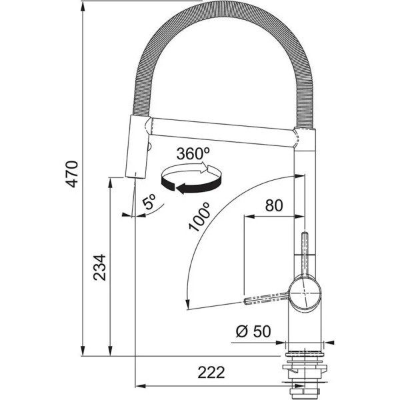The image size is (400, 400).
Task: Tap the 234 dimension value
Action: (99, 267)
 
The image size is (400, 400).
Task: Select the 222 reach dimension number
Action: (211, 373)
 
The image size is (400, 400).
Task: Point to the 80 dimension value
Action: (274, 205)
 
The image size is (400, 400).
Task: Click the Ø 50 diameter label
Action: (253, 331)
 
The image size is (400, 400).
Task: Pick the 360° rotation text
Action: (193, 153)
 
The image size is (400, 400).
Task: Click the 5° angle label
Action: (149, 201)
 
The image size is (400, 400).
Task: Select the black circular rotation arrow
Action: (191, 179)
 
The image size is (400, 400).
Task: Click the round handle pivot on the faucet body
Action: (305, 293)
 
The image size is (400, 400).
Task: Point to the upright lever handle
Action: (305, 255)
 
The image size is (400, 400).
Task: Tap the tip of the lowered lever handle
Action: (245, 301)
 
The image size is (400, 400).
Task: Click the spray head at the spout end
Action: (137, 147)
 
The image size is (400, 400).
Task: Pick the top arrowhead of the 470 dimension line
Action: (83, 7)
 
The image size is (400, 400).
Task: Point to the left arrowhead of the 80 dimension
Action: (250, 217)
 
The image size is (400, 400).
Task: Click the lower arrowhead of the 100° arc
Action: (187, 303)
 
